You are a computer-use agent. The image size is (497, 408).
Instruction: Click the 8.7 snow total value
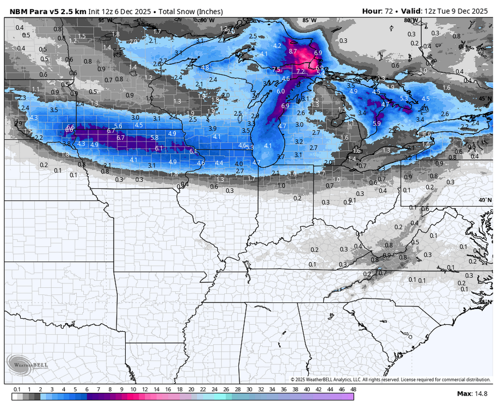pyautogui.click(x=292, y=51)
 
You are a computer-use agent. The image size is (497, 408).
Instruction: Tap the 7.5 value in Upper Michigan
pyautogui.click(x=276, y=70)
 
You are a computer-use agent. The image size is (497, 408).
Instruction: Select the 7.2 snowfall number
pyautogui.click(x=300, y=71)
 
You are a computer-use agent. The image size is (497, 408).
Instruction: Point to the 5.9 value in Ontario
pyautogui.click(x=377, y=123)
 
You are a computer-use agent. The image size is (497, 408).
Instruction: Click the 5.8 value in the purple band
pyautogui.click(x=155, y=138)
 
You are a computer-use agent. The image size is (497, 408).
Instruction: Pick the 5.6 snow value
pyautogui.click(x=118, y=126)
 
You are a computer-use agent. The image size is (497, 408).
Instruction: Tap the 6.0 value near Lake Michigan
pyautogui.click(x=281, y=91)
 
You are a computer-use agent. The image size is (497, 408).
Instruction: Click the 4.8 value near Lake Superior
pyautogui.click(x=205, y=67)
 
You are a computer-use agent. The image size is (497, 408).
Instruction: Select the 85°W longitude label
pyautogui.click(x=309, y=20)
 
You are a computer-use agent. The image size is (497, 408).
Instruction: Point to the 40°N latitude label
pyautogui.click(x=484, y=200)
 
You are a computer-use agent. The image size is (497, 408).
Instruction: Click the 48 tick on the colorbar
pyautogui.click(x=353, y=390)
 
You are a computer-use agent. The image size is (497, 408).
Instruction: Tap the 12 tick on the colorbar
pyautogui.click(x=145, y=390)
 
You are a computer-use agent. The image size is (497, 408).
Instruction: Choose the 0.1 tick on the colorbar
pyautogui.click(x=16, y=390)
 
